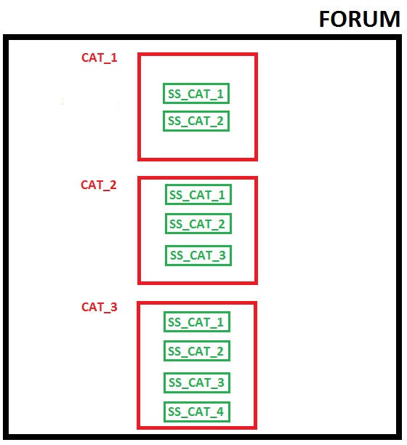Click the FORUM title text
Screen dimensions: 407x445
359,19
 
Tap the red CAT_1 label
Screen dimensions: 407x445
100,57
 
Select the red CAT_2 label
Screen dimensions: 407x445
99,185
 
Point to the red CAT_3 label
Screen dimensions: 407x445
100,307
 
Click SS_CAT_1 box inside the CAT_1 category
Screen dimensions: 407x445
196,94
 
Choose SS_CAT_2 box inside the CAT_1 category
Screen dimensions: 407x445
196,121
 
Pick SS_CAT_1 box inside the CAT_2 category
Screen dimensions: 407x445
198,195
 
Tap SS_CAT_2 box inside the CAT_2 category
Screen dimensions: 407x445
198,224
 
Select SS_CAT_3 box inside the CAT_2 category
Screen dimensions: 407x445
198,255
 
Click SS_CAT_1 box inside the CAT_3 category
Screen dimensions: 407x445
197,322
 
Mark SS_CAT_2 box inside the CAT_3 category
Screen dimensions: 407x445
197,351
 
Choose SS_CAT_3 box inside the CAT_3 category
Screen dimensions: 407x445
197,382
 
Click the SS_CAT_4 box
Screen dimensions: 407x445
197,412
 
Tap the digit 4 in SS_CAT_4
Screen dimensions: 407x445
220,412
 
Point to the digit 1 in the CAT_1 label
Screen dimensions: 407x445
113,57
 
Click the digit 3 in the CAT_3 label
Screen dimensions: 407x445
113,307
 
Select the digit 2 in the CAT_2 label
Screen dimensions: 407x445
113,185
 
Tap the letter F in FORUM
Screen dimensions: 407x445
325,20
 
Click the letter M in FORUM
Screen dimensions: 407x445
390,20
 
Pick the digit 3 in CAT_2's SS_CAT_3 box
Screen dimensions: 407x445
222,255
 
